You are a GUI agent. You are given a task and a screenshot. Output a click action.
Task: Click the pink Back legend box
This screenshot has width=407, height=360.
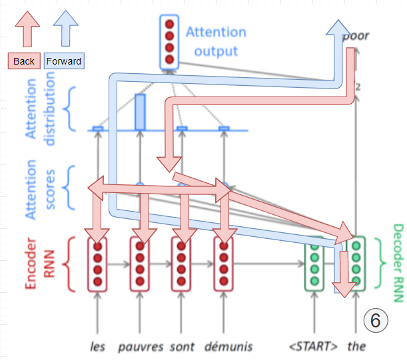(24, 61)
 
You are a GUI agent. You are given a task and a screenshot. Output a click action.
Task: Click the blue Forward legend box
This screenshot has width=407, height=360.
(64, 61)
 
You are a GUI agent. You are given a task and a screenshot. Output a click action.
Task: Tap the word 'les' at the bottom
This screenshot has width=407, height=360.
(97, 346)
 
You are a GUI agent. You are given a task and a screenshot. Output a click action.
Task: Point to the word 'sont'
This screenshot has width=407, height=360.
(182, 346)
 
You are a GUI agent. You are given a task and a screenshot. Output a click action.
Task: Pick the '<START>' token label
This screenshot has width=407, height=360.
(314, 346)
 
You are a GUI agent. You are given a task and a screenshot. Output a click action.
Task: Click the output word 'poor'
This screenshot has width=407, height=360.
(356, 36)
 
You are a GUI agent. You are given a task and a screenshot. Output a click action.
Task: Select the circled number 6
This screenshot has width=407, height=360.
(375, 321)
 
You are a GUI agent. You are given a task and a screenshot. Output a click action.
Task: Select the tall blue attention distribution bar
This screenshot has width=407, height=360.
(139, 111)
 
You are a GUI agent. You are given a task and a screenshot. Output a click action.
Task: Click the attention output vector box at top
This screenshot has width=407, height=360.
(169, 42)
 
